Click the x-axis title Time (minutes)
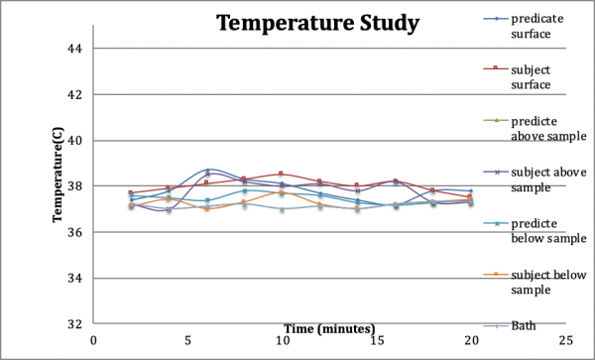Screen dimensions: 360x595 click(328, 327)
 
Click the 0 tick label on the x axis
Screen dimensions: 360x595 click(93, 339)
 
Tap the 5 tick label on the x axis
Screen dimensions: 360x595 click(187, 339)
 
